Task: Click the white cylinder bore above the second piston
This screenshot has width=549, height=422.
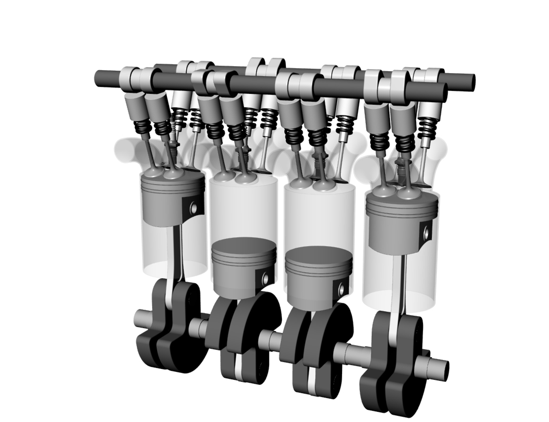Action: (x=242, y=211)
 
